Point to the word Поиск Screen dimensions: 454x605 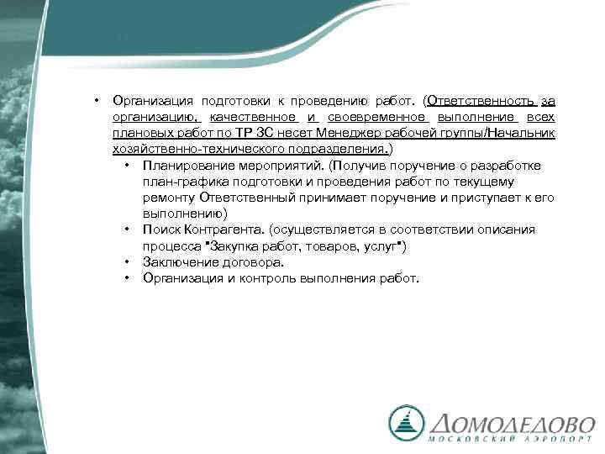click(x=160, y=230)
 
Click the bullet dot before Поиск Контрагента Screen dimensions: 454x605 click(x=124, y=230)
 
